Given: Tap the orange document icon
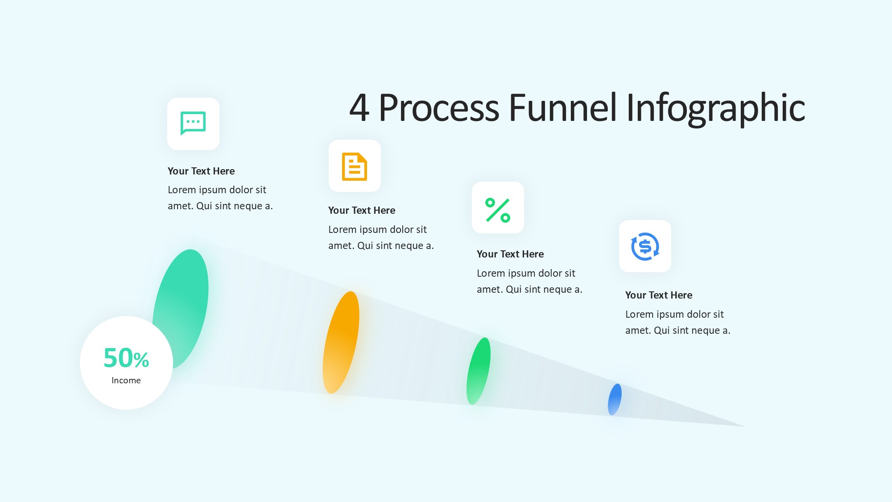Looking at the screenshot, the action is click(355, 166).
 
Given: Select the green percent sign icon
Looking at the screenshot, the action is click(498, 210).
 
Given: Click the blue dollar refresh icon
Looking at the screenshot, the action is click(645, 246).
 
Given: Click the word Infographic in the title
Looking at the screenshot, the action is click(716, 109).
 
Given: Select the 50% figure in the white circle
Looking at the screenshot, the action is click(126, 358).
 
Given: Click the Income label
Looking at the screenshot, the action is click(126, 380).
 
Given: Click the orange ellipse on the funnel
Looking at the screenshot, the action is click(341, 342).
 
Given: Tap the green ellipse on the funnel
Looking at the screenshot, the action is click(479, 371).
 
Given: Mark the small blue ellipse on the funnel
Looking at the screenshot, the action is click(615, 399).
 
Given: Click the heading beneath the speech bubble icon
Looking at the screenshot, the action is click(201, 171).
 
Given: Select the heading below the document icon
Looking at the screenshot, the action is click(362, 210).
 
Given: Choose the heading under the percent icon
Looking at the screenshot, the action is click(510, 254).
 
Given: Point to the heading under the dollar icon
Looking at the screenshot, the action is click(659, 295).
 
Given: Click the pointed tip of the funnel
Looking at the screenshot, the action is click(744, 426).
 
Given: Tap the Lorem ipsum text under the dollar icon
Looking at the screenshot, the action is click(678, 322).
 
